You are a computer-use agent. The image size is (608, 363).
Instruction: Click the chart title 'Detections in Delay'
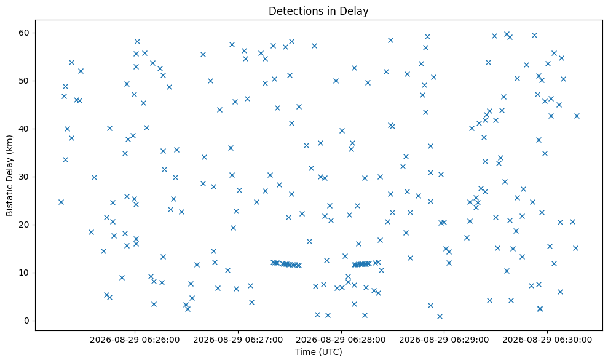coord(318,11)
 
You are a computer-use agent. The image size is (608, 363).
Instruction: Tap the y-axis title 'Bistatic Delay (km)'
coord(9,175)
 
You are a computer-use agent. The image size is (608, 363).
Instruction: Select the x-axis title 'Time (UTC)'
coord(318,352)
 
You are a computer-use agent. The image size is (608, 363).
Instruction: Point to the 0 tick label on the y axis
coord(27,321)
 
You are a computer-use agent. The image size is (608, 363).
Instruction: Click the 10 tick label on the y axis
coord(25,273)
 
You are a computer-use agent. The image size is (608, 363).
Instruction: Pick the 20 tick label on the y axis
coord(25,225)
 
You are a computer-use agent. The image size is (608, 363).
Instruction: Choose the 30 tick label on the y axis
coord(25,177)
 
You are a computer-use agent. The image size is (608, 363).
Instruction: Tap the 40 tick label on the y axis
coord(25,129)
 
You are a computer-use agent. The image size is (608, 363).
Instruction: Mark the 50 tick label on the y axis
coord(25,81)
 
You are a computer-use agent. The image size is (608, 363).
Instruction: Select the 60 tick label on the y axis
coord(25,33)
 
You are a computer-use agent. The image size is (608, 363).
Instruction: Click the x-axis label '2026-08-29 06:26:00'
coord(135,340)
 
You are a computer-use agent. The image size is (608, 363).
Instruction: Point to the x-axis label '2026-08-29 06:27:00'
coord(238,340)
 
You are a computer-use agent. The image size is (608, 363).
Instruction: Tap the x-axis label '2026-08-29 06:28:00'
coord(341,340)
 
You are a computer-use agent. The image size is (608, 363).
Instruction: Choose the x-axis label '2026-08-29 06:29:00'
coord(444,340)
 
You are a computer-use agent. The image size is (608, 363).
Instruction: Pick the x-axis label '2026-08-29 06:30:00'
coord(547,340)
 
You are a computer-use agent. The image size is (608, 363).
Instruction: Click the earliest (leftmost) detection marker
coord(61,202)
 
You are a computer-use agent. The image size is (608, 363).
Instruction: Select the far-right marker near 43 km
coord(577,116)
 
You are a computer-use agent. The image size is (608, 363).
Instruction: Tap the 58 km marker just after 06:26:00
coord(137,42)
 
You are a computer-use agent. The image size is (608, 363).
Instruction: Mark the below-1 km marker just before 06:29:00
coord(440,316)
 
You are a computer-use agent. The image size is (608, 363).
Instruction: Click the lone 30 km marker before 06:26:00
coord(94,177)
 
